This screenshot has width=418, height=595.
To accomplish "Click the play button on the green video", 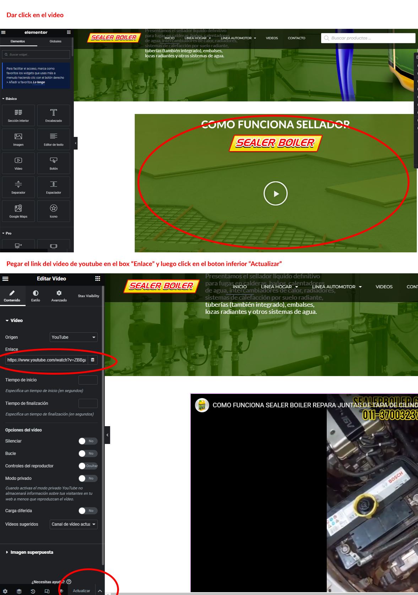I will pos(275,193).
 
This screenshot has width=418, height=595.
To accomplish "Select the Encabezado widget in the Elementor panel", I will pos(54,115).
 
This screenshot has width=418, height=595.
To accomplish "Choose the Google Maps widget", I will pos(18,211).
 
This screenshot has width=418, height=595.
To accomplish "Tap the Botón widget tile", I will pos(54,163).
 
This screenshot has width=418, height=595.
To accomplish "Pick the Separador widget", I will pos(18,187).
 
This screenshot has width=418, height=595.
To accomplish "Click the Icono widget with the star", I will pos(54,211).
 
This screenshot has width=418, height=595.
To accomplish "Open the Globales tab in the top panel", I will pos(55,42).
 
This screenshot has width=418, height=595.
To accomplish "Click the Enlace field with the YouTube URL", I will pos(47,360).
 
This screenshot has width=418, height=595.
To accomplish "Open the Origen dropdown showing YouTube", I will pos(74,337).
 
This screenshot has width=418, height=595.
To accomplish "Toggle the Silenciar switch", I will pos(87,441).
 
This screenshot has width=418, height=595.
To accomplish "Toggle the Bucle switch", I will pos(87,454).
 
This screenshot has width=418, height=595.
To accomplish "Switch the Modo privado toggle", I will pos(87,478).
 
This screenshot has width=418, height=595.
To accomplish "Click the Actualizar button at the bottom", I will pos(81,591).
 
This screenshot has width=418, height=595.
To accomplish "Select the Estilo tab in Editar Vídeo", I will pos(36,296).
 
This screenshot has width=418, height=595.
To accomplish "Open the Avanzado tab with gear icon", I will pos(59,296).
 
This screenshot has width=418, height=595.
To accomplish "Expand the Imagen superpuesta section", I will pos(32,552).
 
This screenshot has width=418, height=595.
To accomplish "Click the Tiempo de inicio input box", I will pos(88,380).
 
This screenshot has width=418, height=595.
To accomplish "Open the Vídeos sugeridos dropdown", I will pos(74,524).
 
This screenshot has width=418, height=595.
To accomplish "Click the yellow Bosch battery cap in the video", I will pos(364,503).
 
